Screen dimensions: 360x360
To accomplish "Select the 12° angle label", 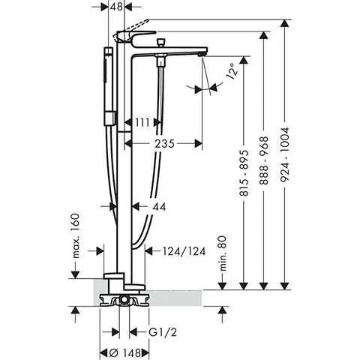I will pos(232,73).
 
